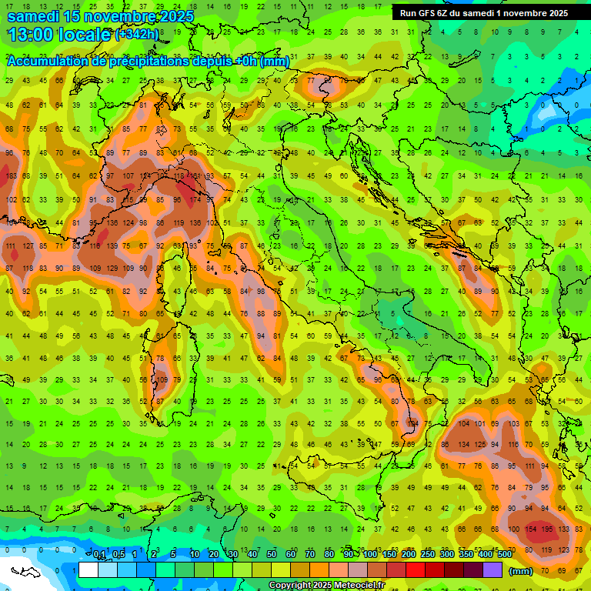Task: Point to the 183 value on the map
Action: coord(10,177)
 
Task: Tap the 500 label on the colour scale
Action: coord(505,555)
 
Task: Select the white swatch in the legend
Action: coord(88,569)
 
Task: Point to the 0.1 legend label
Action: coord(99,555)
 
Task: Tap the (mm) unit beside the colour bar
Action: coord(521,571)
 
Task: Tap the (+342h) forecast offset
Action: coord(138,35)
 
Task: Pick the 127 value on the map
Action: coord(28,246)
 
